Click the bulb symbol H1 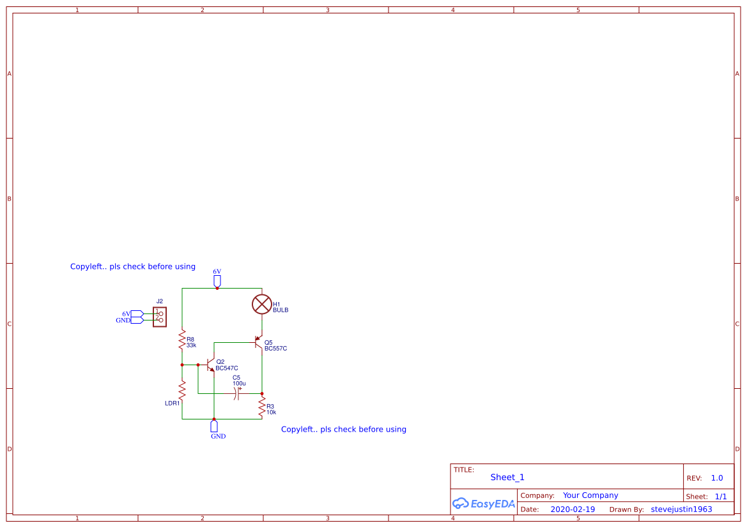[262, 305]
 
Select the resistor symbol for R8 [182, 340]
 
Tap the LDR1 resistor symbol [182, 389]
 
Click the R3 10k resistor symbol [261, 406]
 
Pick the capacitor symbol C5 [236, 393]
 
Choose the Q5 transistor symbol [258, 342]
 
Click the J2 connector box [160, 317]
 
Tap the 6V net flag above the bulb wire [217, 280]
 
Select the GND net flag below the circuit [214, 426]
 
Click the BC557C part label [275, 349]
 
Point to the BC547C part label [226, 368]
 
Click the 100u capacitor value [239, 383]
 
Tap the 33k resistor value [191, 345]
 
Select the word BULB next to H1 [281, 310]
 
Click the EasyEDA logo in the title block [483, 503]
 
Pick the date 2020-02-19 [572, 509]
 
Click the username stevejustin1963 [681, 509]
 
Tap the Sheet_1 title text [507, 477]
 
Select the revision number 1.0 [717, 478]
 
